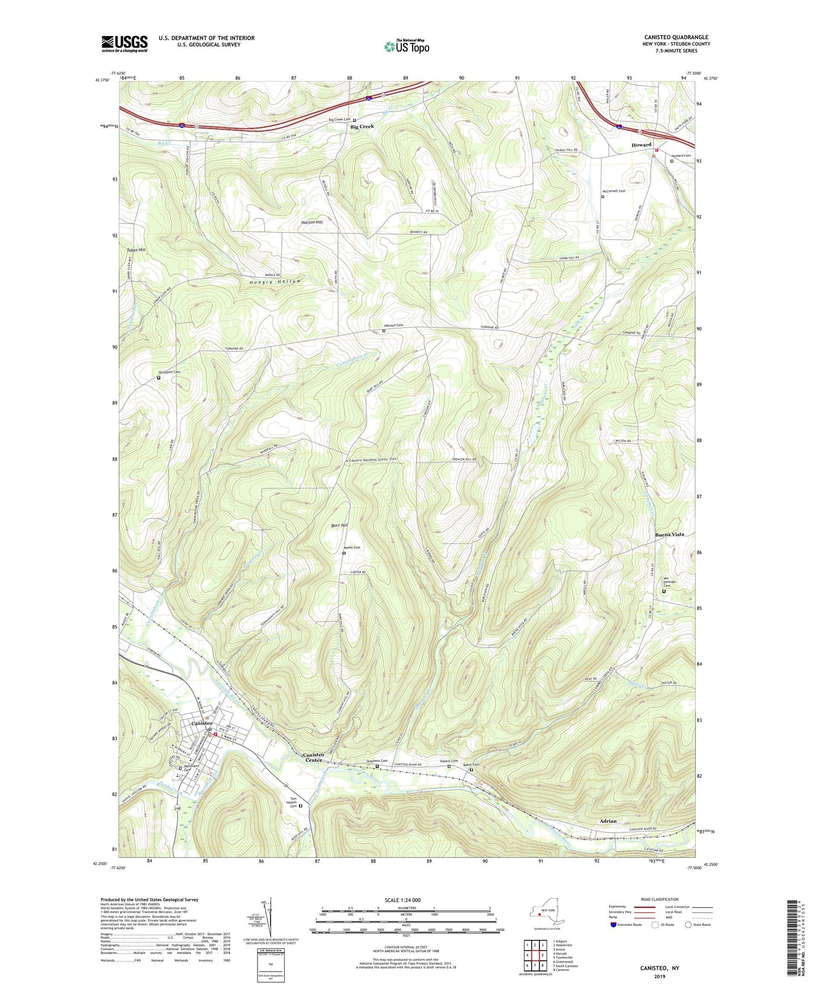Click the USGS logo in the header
pos(125,44)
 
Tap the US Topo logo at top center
pos(406,46)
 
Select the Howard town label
pos(641,145)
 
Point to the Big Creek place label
pos(362,127)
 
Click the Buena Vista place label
pos(670,534)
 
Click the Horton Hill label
pos(312,222)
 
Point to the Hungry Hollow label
pos(274,282)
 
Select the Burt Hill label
pos(340,526)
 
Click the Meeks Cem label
pos(352,547)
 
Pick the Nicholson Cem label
pos(169,372)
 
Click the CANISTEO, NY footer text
pos(659,968)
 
